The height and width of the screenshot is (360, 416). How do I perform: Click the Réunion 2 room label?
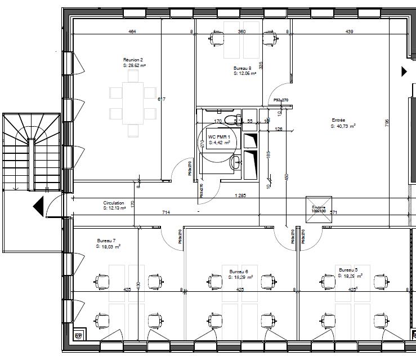coord(133,59)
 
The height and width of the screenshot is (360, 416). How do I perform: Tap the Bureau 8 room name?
coord(243,68)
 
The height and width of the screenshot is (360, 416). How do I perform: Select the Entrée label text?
coord(338,120)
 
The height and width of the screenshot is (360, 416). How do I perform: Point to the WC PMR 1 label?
coord(219,137)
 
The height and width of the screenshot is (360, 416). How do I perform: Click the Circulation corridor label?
coord(113,203)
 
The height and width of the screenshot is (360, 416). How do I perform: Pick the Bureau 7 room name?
coord(106,241)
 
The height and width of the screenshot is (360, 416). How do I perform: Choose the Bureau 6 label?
coord(239,272)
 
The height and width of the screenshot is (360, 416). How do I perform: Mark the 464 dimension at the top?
coord(132,32)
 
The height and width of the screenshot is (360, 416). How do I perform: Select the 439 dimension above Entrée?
coord(349,32)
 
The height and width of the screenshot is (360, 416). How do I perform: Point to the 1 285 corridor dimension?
coord(240,195)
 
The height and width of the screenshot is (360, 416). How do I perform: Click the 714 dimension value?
coord(166,212)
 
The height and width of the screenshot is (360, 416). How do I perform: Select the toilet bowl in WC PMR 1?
coord(230,119)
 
